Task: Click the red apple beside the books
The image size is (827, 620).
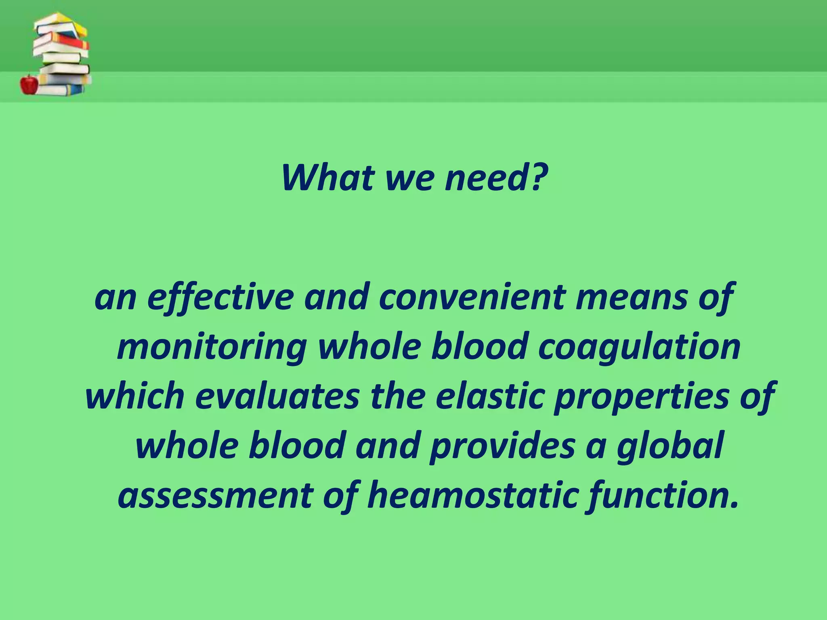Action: coord(29,84)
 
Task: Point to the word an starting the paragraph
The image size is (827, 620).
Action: coord(115,298)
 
